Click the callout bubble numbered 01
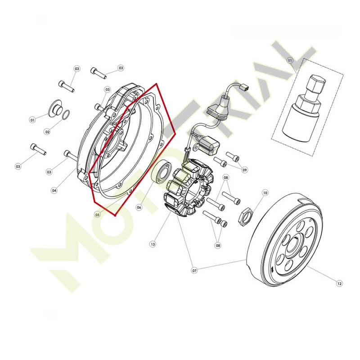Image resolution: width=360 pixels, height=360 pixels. (32, 120)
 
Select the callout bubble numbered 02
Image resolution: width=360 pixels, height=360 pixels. (47, 132)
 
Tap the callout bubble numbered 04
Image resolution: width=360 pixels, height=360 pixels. (54, 190)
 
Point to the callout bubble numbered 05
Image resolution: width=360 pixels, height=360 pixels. (98, 215)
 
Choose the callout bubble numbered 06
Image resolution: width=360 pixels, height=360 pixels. (139, 207)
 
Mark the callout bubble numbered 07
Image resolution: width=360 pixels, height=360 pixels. (194, 270)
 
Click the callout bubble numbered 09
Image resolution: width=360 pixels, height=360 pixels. (245, 170)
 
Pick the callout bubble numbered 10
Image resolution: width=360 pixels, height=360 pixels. (265, 193)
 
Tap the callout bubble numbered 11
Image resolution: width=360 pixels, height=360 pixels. (290, 60)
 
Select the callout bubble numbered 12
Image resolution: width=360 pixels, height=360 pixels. (339, 283)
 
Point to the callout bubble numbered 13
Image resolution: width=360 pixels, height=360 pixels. (153, 244)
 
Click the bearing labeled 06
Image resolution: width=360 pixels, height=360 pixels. (162, 172)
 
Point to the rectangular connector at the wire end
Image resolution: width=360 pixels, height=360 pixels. (244, 87)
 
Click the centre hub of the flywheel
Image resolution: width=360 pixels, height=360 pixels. (295, 245)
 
